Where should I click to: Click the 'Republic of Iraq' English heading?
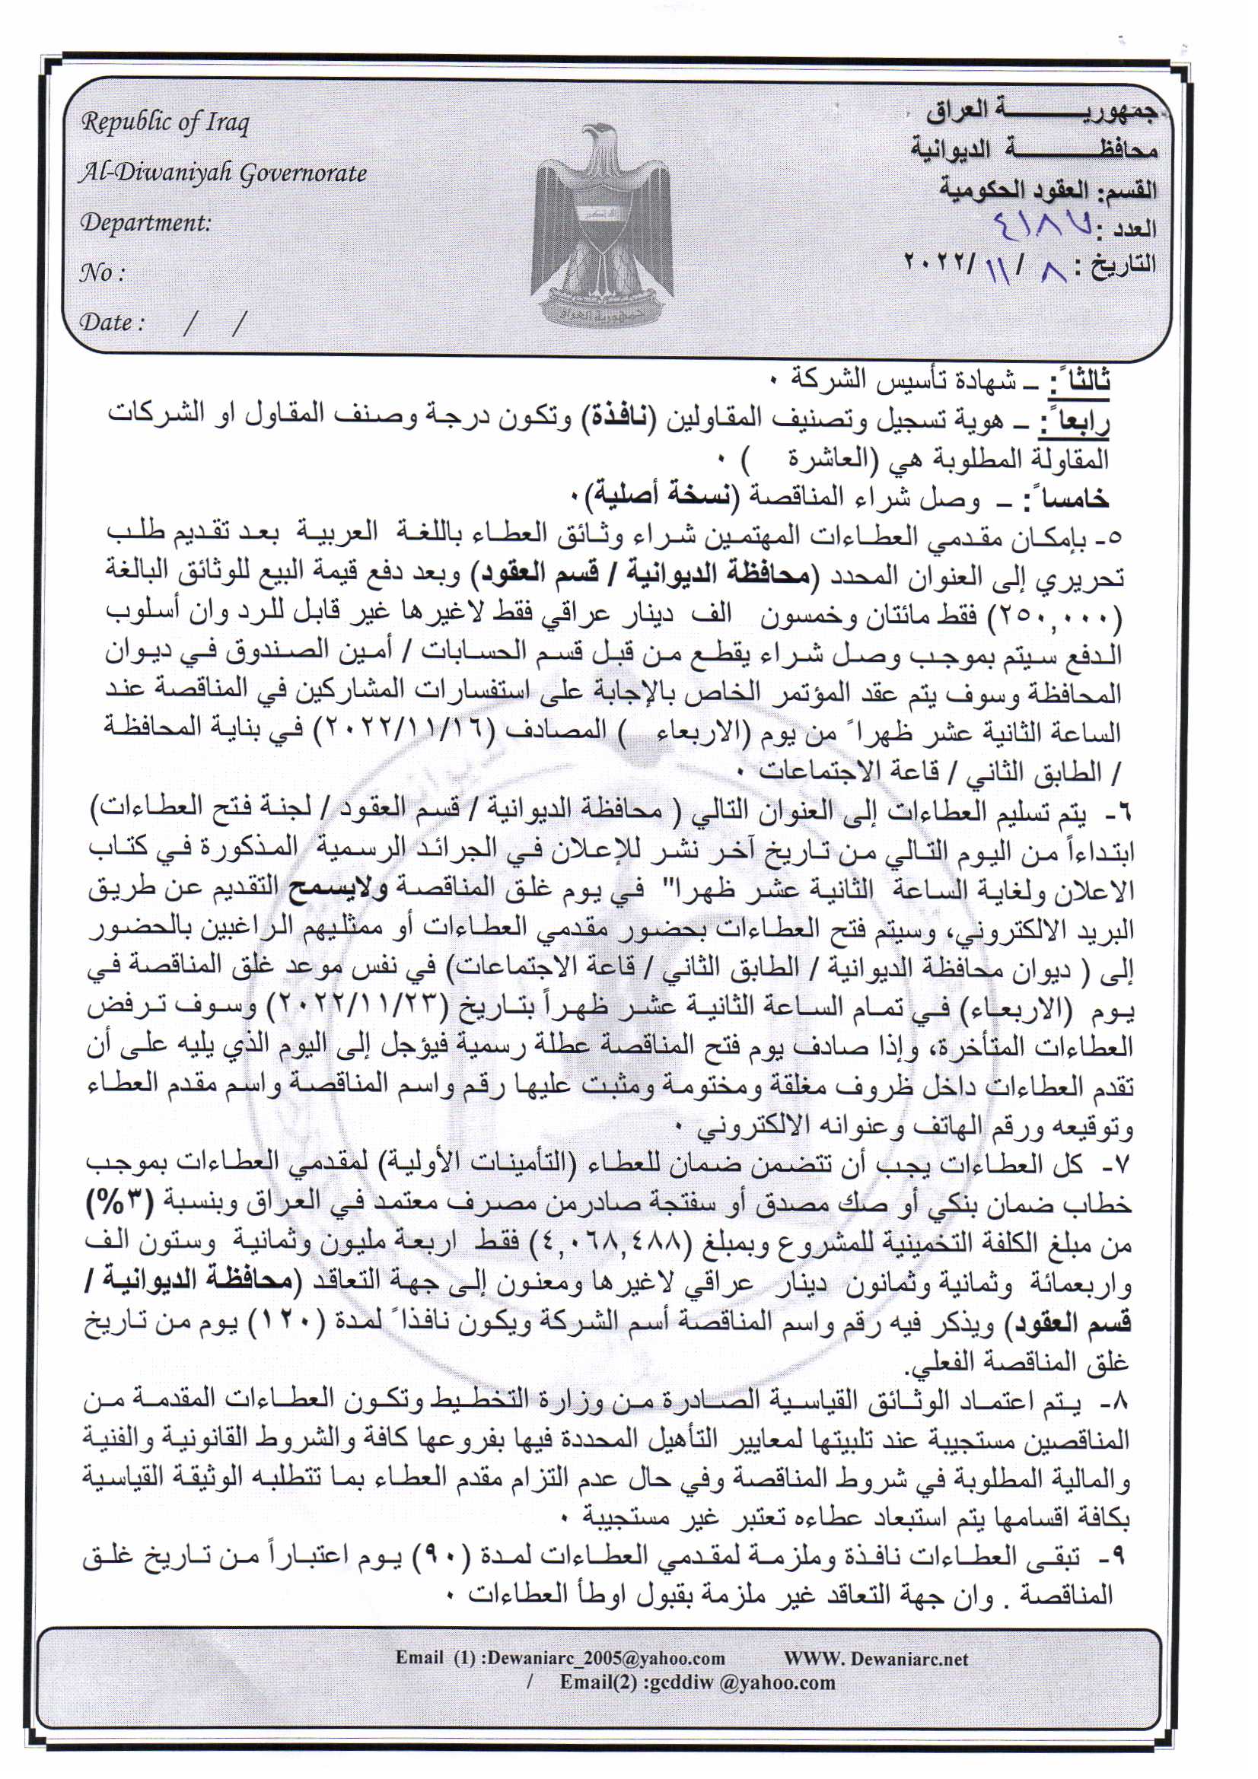165,123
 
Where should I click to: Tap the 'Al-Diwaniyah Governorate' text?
223,173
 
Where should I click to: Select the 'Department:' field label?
145,223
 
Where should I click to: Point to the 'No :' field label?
101,272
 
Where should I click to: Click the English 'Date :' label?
112,323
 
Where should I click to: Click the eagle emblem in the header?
601,224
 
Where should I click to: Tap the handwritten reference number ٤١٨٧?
1043,227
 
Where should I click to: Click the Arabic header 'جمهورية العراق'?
1040,113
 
